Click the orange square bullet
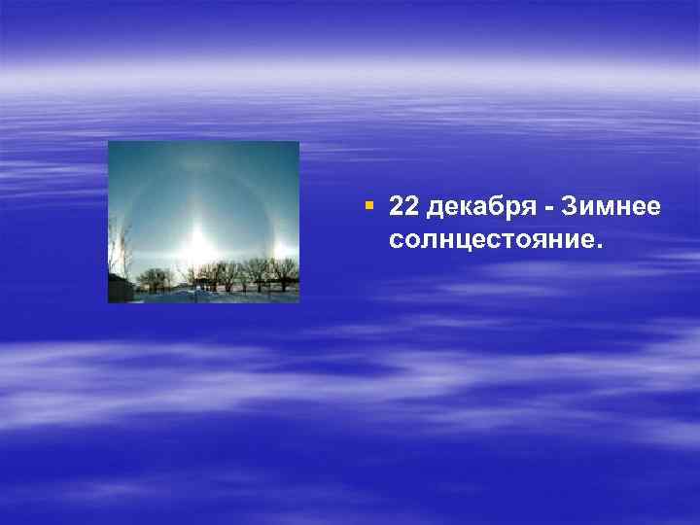pyautogui.click(x=368, y=206)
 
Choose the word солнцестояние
pyautogui.click(x=493, y=237)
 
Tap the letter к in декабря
pyautogui.click(x=460, y=207)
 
